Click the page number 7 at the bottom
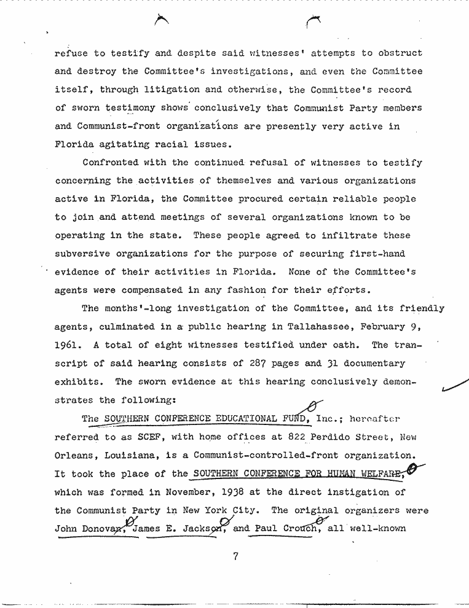point(235,557)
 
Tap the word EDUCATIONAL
point(244,419)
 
